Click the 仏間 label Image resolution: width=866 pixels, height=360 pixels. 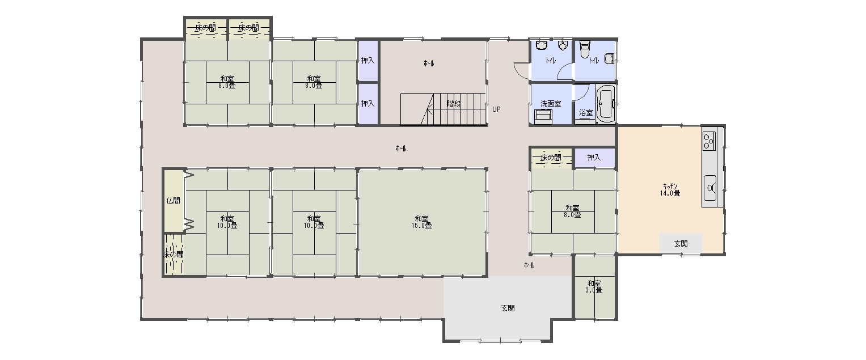click(173, 200)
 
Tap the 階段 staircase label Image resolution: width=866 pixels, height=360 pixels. click(454, 104)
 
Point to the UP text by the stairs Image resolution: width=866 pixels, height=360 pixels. click(496, 109)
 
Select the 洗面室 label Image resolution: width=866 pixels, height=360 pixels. click(551, 104)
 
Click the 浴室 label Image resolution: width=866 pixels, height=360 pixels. click(586, 113)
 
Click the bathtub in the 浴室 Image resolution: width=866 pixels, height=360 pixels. click(606, 104)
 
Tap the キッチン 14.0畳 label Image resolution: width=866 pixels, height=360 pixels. click(670, 189)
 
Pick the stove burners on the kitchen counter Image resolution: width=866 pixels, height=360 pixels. click(709, 141)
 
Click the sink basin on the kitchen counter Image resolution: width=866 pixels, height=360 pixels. click(710, 188)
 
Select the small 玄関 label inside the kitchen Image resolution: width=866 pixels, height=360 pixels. click(681, 244)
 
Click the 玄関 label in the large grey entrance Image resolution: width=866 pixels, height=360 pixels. click(508, 308)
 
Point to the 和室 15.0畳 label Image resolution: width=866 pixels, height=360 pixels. click(422, 222)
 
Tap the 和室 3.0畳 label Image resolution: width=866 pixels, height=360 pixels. click(594, 286)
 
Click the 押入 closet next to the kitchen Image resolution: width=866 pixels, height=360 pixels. click(594, 158)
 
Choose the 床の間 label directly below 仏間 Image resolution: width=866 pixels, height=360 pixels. click(173, 255)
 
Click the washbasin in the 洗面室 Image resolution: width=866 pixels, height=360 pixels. click(543, 116)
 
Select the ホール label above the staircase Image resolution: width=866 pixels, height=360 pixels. click(429, 63)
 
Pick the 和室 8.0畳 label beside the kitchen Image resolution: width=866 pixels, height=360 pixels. click(572, 211)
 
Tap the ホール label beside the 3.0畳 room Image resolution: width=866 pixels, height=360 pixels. click(529, 265)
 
